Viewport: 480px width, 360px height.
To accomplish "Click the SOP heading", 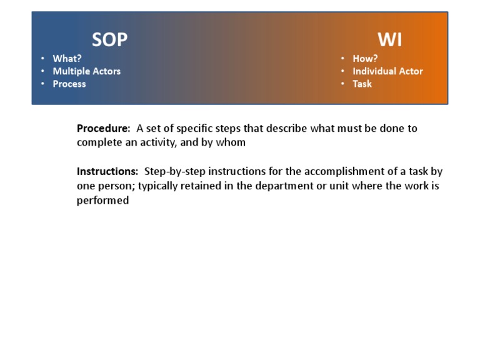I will [109, 39].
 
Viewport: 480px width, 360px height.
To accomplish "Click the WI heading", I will [390, 39].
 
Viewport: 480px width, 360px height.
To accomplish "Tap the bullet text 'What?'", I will [67, 59].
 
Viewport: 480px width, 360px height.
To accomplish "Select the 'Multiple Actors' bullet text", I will [86, 71].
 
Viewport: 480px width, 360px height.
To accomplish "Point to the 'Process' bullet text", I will [69, 84].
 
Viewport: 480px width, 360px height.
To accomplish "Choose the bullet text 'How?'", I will [365, 59].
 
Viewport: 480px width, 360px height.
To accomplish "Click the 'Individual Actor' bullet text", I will [387, 71].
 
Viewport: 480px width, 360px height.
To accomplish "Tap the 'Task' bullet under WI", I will [362, 84].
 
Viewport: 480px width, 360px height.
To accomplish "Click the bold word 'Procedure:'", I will [103, 128].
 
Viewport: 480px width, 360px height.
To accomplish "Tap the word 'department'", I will [280, 186].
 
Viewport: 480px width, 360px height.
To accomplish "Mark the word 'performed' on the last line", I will [102, 201].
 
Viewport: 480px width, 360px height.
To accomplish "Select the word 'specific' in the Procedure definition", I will [196, 128].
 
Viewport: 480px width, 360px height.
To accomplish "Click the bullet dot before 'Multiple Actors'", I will [43, 71].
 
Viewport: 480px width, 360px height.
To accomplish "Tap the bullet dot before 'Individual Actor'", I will [343, 71].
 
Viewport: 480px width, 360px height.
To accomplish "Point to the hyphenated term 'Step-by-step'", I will [174, 171].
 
